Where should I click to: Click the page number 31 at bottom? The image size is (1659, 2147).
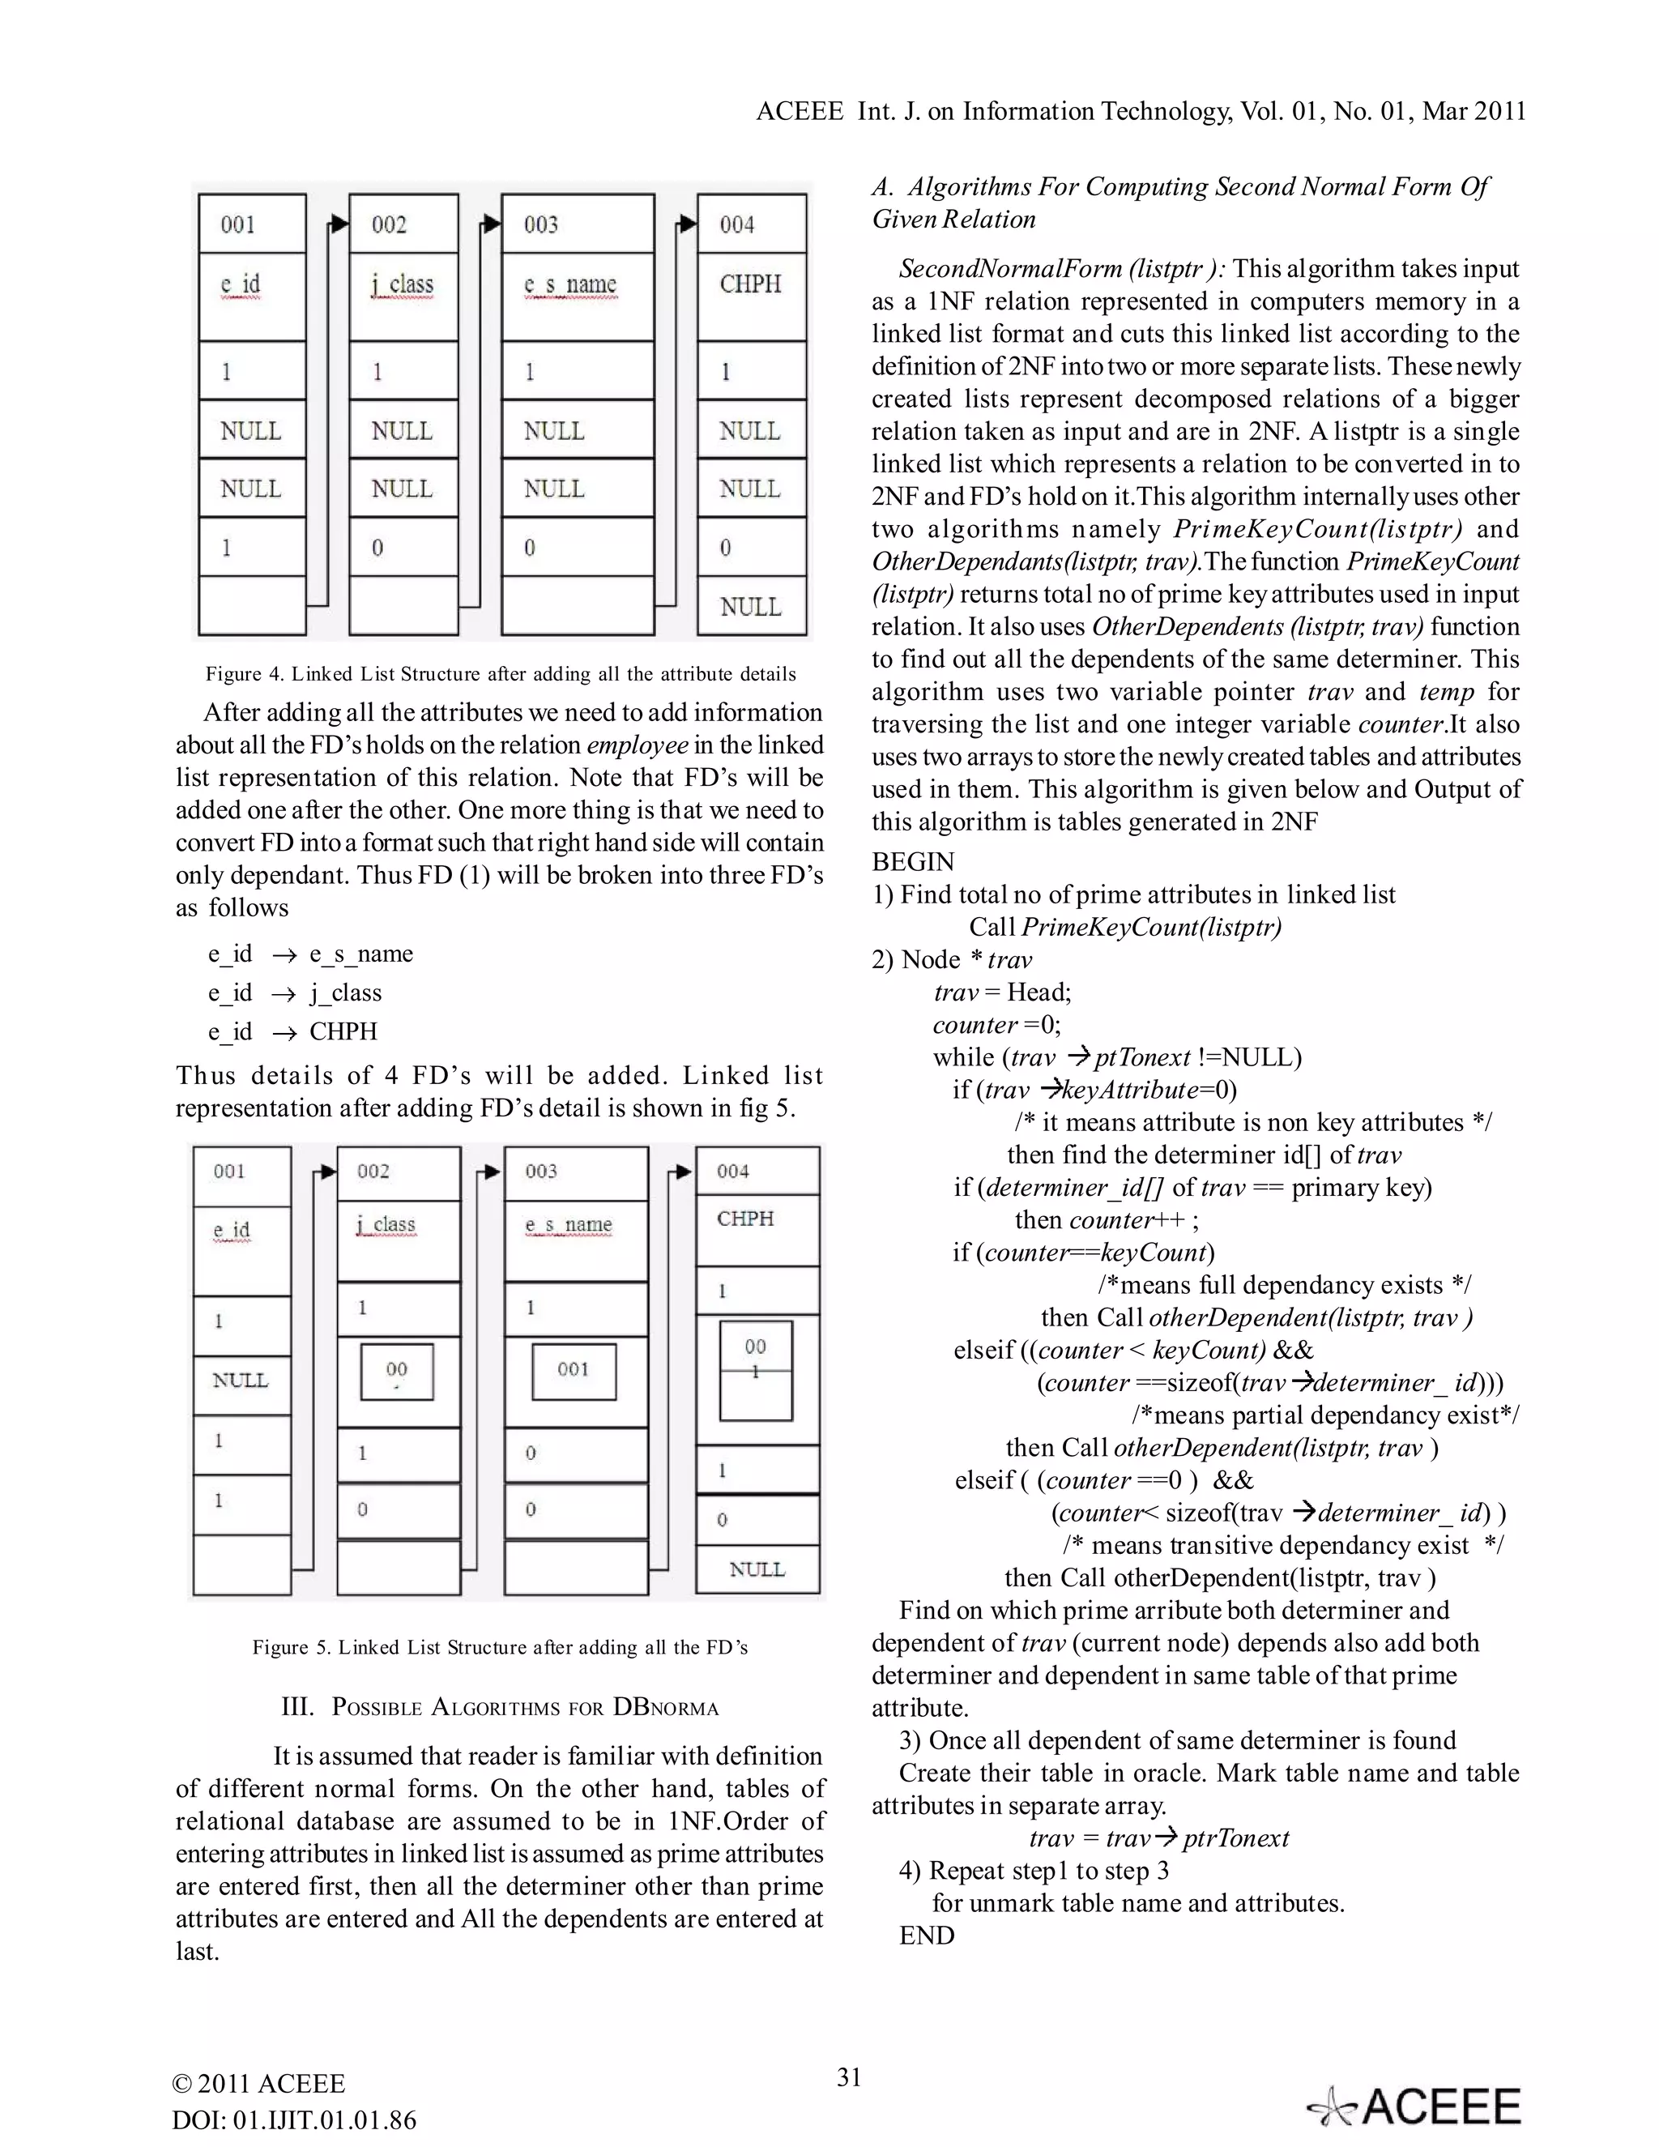coord(849,2077)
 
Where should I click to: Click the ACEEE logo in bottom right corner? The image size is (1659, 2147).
coord(1415,2106)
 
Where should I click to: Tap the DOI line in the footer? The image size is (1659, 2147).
coord(295,2119)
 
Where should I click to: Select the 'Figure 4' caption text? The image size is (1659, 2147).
coord(501,674)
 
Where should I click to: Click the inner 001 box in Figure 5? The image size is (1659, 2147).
coord(574,1370)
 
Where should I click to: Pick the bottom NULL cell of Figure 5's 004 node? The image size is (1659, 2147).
coord(757,1569)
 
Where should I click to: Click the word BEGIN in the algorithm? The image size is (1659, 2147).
coord(913,862)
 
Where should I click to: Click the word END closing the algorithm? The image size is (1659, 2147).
coord(927,1935)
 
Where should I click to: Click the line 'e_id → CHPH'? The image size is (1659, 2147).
coord(293,1031)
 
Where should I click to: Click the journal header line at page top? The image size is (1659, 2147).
coord(1140,111)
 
